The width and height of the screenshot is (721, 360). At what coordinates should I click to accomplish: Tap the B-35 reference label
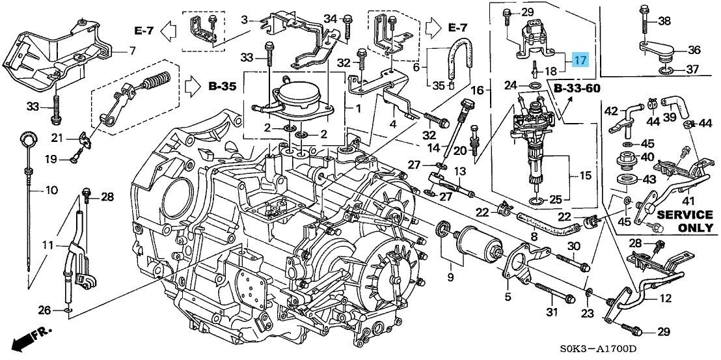222,85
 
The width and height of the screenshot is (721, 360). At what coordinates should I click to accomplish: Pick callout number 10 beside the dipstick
51,191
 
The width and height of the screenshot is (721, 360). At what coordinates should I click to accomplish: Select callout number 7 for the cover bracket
131,50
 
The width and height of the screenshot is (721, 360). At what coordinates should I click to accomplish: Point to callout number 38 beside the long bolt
664,21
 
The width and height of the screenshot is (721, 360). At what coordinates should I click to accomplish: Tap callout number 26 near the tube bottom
44,310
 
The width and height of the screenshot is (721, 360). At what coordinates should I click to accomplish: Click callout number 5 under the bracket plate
507,298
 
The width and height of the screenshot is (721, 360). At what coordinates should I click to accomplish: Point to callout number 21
57,137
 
